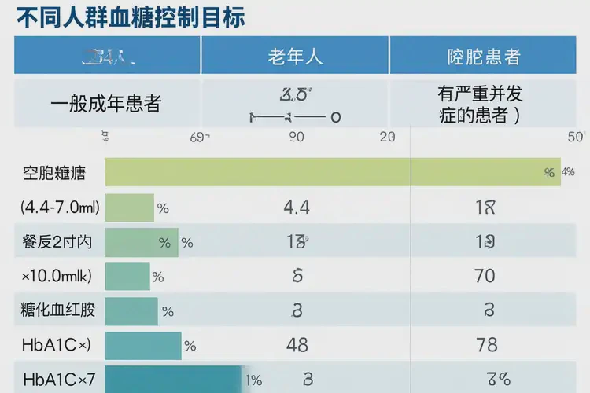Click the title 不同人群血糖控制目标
point(131,17)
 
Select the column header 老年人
point(296,57)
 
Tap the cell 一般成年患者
point(105,104)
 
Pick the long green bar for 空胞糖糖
point(332,172)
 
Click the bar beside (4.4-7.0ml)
point(130,208)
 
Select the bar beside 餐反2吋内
point(142,242)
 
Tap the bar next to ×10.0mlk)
point(127,276)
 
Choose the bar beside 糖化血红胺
point(131,310)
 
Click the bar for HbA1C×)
point(142,345)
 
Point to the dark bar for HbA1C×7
point(173,379)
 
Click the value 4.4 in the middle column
point(296,208)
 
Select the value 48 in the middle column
point(297,345)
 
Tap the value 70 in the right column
point(485,276)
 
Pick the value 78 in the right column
point(486,345)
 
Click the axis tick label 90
point(296,137)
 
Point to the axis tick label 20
point(387,137)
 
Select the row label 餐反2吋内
point(57,242)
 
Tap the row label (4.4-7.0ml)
point(60,208)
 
